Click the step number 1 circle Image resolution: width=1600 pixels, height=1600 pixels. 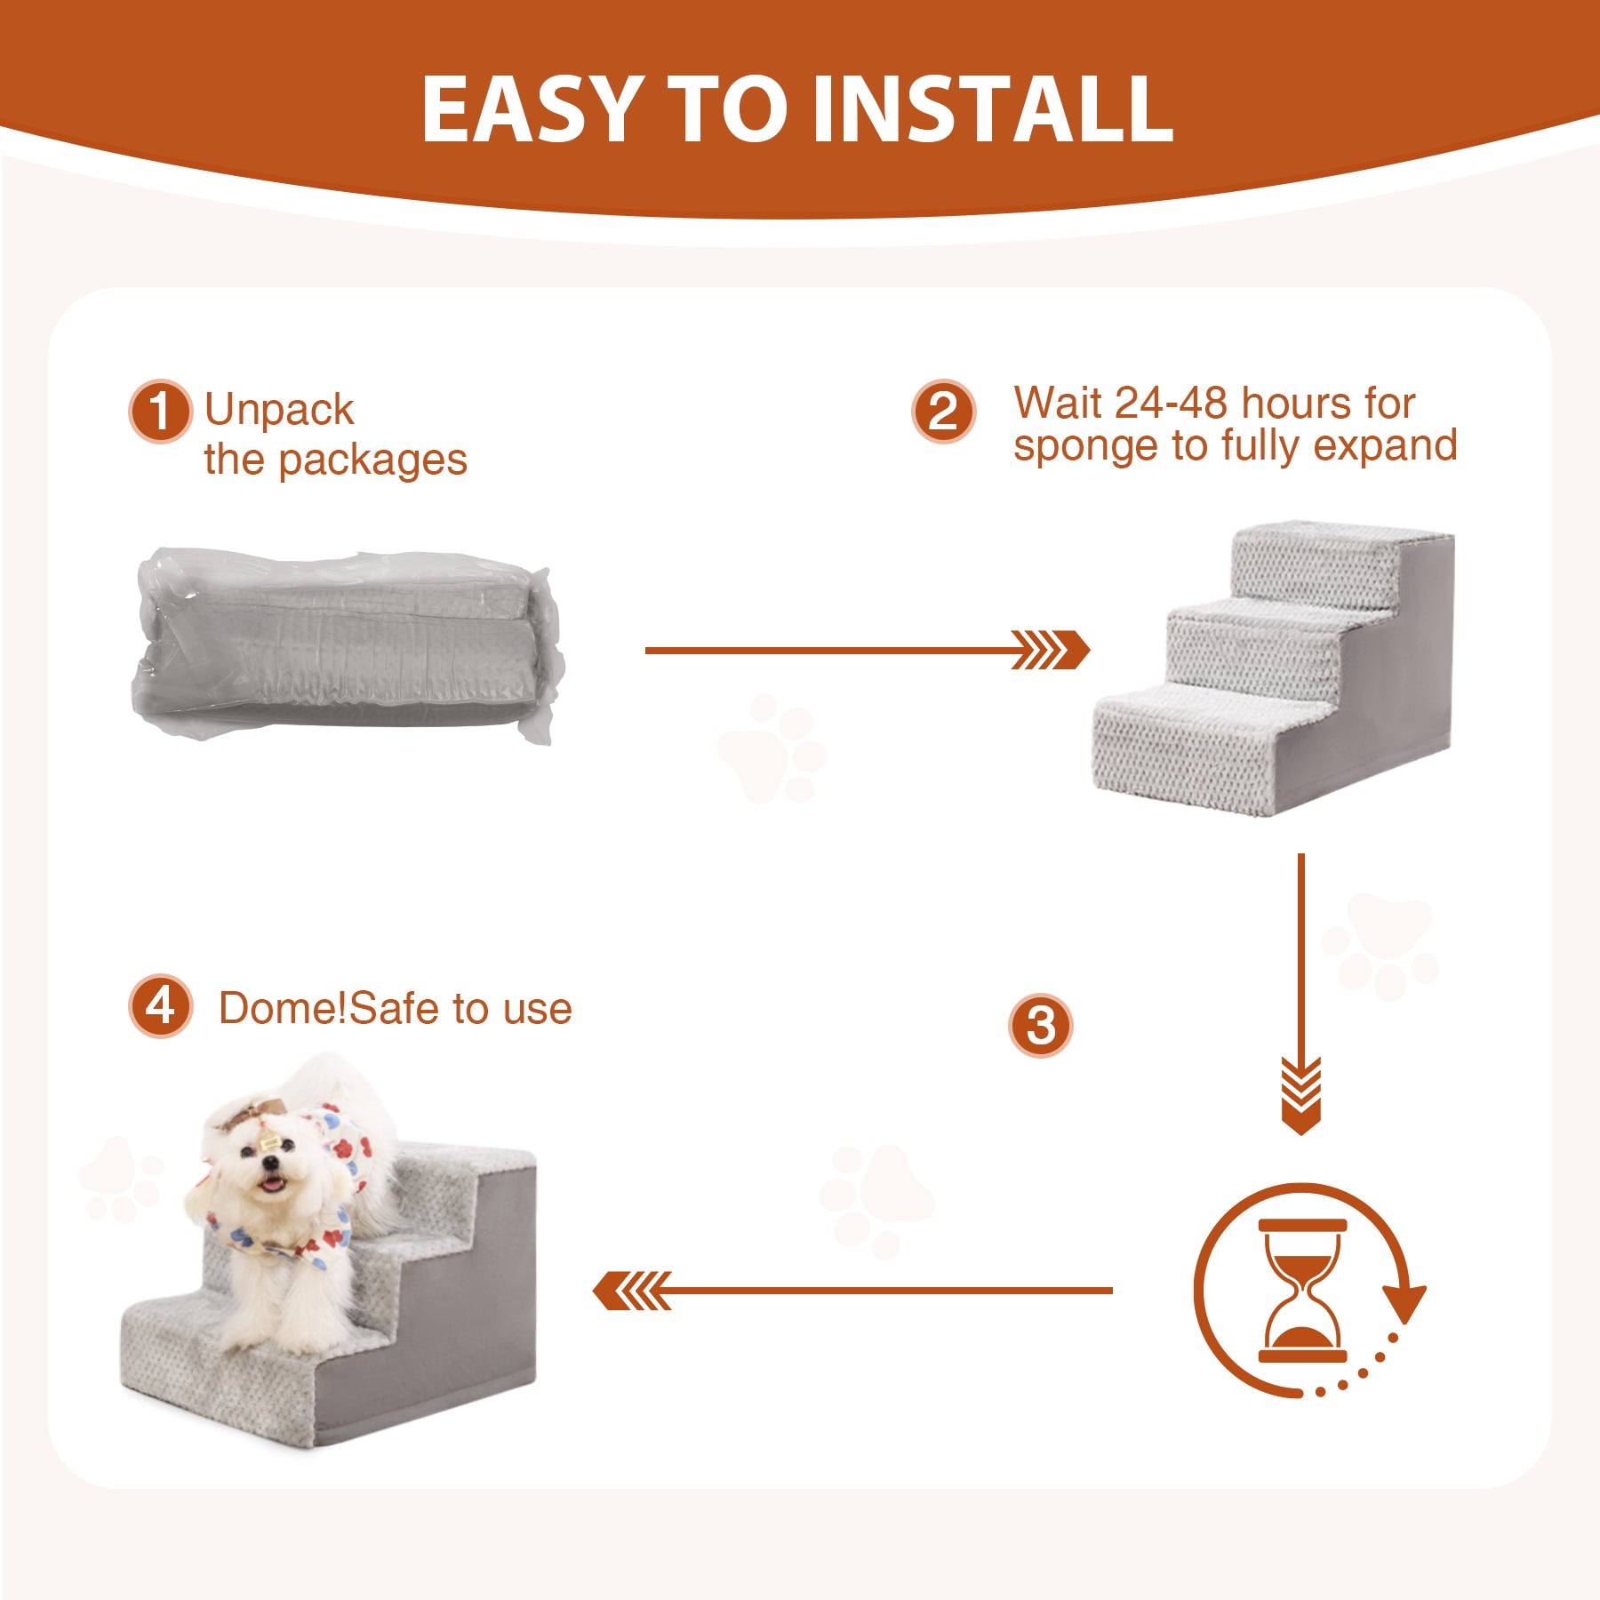[160, 411]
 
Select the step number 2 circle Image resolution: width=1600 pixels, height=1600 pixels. [943, 412]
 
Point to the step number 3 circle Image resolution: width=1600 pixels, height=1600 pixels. [1041, 1025]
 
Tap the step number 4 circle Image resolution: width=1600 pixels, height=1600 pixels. [160, 1006]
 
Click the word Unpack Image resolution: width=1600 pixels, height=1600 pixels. [279, 411]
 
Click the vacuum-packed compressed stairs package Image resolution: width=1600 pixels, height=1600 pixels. [348, 644]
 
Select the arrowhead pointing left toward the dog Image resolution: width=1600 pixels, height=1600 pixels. [632, 1291]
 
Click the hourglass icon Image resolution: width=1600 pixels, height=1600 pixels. [1302, 1291]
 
